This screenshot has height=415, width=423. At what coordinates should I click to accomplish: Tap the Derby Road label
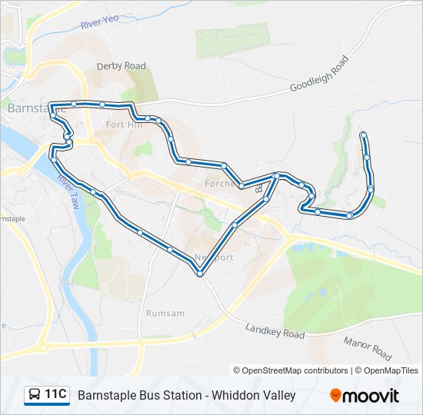point(121,66)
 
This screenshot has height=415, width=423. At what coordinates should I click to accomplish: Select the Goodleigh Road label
point(318,75)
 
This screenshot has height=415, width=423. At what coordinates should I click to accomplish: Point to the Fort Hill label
point(124,124)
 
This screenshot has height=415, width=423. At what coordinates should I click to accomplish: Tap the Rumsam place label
point(165,313)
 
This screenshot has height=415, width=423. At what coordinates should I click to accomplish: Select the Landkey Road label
point(275,330)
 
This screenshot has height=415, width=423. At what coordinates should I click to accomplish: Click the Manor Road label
point(368,348)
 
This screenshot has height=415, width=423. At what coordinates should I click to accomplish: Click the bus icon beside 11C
point(35,395)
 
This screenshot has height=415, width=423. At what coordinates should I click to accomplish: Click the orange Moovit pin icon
point(336,396)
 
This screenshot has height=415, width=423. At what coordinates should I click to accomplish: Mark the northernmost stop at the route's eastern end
point(363,136)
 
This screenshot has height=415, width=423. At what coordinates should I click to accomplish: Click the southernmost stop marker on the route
point(200,273)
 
